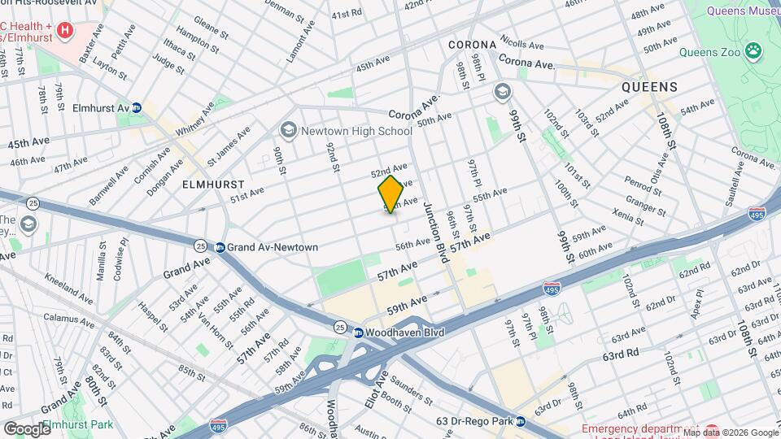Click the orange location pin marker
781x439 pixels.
point(390,194)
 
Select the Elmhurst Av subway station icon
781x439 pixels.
point(137,108)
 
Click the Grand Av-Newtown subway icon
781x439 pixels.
point(220,247)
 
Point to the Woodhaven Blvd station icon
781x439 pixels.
point(358,332)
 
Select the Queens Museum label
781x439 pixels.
point(743,11)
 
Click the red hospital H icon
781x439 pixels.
point(65,31)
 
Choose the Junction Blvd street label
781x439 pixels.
point(435,232)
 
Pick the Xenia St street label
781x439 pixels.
point(629,215)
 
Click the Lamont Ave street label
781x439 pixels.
point(302,42)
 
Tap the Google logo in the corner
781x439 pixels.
point(26,428)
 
